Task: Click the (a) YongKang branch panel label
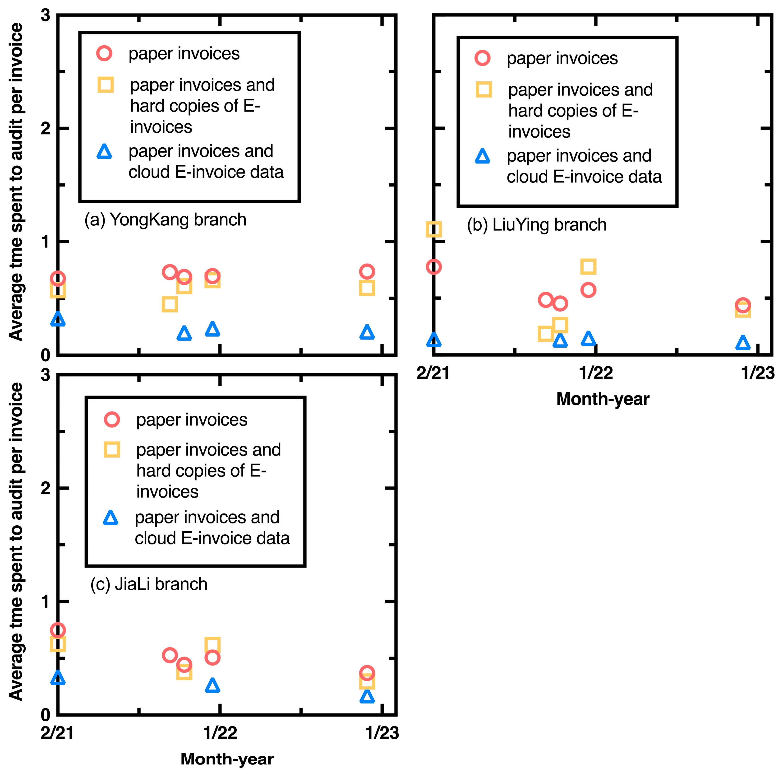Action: point(165,220)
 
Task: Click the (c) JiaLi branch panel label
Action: point(149,584)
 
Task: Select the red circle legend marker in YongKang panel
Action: point(104,54)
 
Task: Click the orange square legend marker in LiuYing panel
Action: point(484,90)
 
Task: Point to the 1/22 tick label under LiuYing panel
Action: point(596,373)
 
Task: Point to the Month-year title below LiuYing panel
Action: point(603,399)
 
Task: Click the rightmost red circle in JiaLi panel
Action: point(367,673)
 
